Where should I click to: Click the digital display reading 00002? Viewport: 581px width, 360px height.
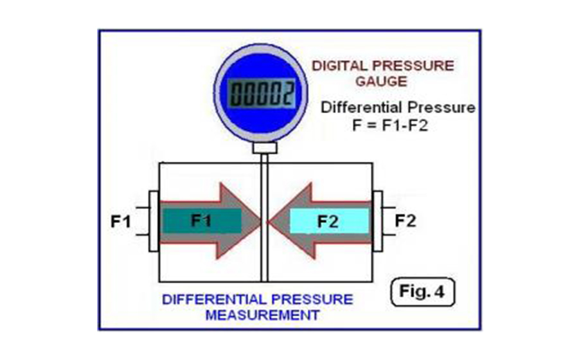(x=262, y=93)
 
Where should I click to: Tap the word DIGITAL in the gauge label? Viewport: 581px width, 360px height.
(x=339, y=66)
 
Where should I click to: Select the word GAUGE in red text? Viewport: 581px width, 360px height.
(x=381, y=81)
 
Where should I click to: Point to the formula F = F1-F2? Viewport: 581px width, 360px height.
(x=390, y=125)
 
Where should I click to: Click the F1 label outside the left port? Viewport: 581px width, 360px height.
(x=121, y=221)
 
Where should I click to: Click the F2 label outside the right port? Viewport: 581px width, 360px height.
(x=406, y=221)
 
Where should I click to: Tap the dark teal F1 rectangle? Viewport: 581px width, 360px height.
(x=202, y=221)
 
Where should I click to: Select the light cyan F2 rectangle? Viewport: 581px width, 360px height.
(x=329, y=221)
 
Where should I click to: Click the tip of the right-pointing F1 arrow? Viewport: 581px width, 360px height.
(x=260, y=222)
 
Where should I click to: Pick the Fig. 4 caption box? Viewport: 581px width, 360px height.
(x=422, y=292)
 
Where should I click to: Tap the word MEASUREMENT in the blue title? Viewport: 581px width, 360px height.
(x=262, y=315)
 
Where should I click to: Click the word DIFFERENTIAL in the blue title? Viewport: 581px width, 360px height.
(x=214, y=299)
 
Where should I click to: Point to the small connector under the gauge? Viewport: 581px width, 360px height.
(x=265, y=148)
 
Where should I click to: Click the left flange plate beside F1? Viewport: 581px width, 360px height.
(x=154, y=221)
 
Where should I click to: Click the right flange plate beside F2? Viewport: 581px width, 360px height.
(x=377, y=221)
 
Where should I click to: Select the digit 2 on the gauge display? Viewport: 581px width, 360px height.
(x=289, y=93)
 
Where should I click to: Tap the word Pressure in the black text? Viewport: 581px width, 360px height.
(x=442, y=107)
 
